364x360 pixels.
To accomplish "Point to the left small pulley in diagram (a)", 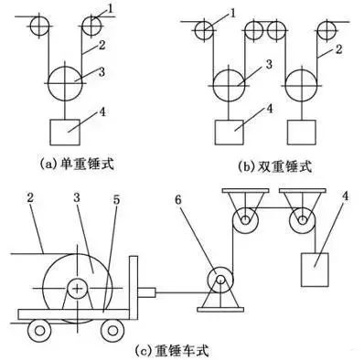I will point(37,26).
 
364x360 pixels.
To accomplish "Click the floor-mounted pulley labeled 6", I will point(220,280).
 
